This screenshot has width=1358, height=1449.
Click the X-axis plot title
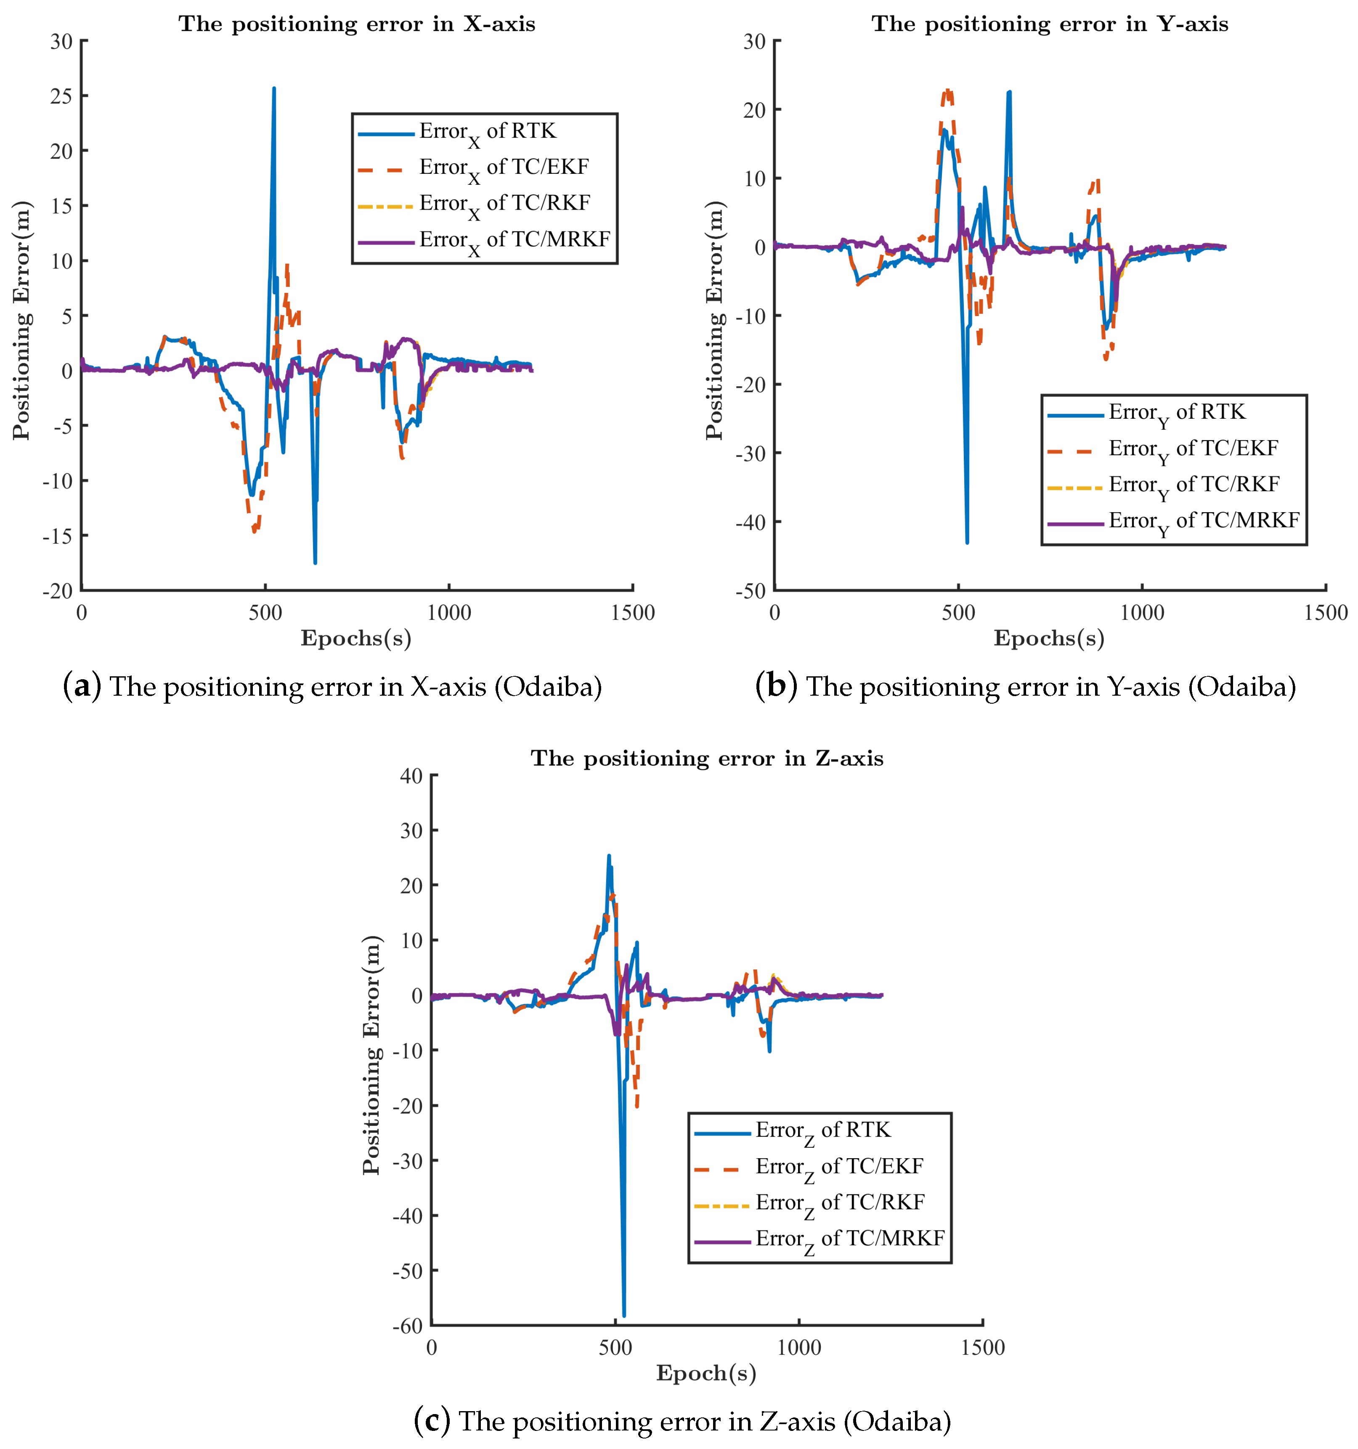coord(357,24)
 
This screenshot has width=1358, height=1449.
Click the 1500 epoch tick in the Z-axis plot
coord(982,1347)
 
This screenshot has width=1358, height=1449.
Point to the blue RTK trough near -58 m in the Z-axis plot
coord(623,1314)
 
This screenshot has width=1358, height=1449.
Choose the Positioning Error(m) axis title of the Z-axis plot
coord(371,1054)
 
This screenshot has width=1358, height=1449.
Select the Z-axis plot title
coord(707,759)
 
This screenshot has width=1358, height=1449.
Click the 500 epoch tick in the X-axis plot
coord(265,612)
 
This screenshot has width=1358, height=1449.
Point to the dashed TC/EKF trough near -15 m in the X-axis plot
coord(254,530)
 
